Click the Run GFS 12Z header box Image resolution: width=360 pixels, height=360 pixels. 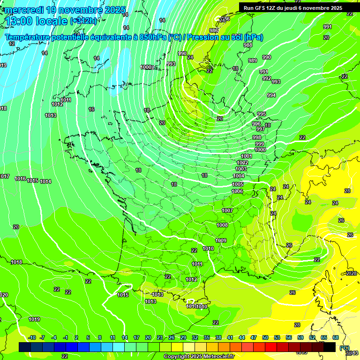click(x=293, y=8)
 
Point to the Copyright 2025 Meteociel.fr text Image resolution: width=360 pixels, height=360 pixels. click(x=199, y=356)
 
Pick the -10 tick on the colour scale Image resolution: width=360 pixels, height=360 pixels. click(x=32, y=337)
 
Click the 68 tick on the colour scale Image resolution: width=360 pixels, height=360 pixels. click(x=336, y=337)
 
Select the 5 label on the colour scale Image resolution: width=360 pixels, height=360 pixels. click(x=89, y=337)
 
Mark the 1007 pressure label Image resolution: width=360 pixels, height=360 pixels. click(x=227, y=210)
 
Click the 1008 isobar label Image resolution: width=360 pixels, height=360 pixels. click(x=222, y=225)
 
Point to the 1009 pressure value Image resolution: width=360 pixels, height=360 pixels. click(x=221, y=240)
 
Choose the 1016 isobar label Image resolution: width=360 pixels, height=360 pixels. click(x=20, y=179)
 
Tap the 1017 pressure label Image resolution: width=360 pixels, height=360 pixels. click(x=4, y=176)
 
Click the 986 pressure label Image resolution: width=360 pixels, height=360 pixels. click(x=214, y=30)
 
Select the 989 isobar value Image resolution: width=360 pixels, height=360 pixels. click(x=253, y=60)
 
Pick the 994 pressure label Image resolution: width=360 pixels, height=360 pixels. click(x=271, y=95)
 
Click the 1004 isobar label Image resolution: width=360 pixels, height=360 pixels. click(x=239, y=176)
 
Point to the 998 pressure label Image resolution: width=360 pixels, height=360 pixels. click(x=257, y=137)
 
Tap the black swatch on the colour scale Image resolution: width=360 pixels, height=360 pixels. click(x=330, y=347)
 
